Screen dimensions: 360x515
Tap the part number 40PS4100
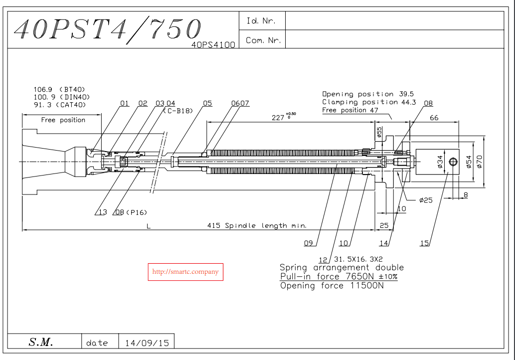point(213,44)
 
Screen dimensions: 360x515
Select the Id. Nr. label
point(260,21)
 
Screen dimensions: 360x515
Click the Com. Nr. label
point(263,40)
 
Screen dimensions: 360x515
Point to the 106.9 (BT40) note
point(59,89)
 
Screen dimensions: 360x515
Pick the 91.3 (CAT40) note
point(59,105)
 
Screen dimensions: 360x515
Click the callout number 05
point(207,103)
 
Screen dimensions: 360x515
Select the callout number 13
point(102,212)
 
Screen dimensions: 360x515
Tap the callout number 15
point(424,243)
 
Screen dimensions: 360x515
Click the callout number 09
point(308,243)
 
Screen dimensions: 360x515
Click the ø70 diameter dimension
point(479,162)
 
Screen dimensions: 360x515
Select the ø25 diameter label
point(426,200)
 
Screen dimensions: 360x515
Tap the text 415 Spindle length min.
point(257,225)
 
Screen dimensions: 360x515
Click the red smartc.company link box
point(185,272)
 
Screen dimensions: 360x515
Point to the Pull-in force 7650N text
point(339,277)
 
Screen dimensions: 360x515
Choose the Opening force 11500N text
point(332,286)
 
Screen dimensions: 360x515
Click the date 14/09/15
point(147,343)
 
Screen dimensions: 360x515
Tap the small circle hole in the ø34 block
point(453,161)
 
